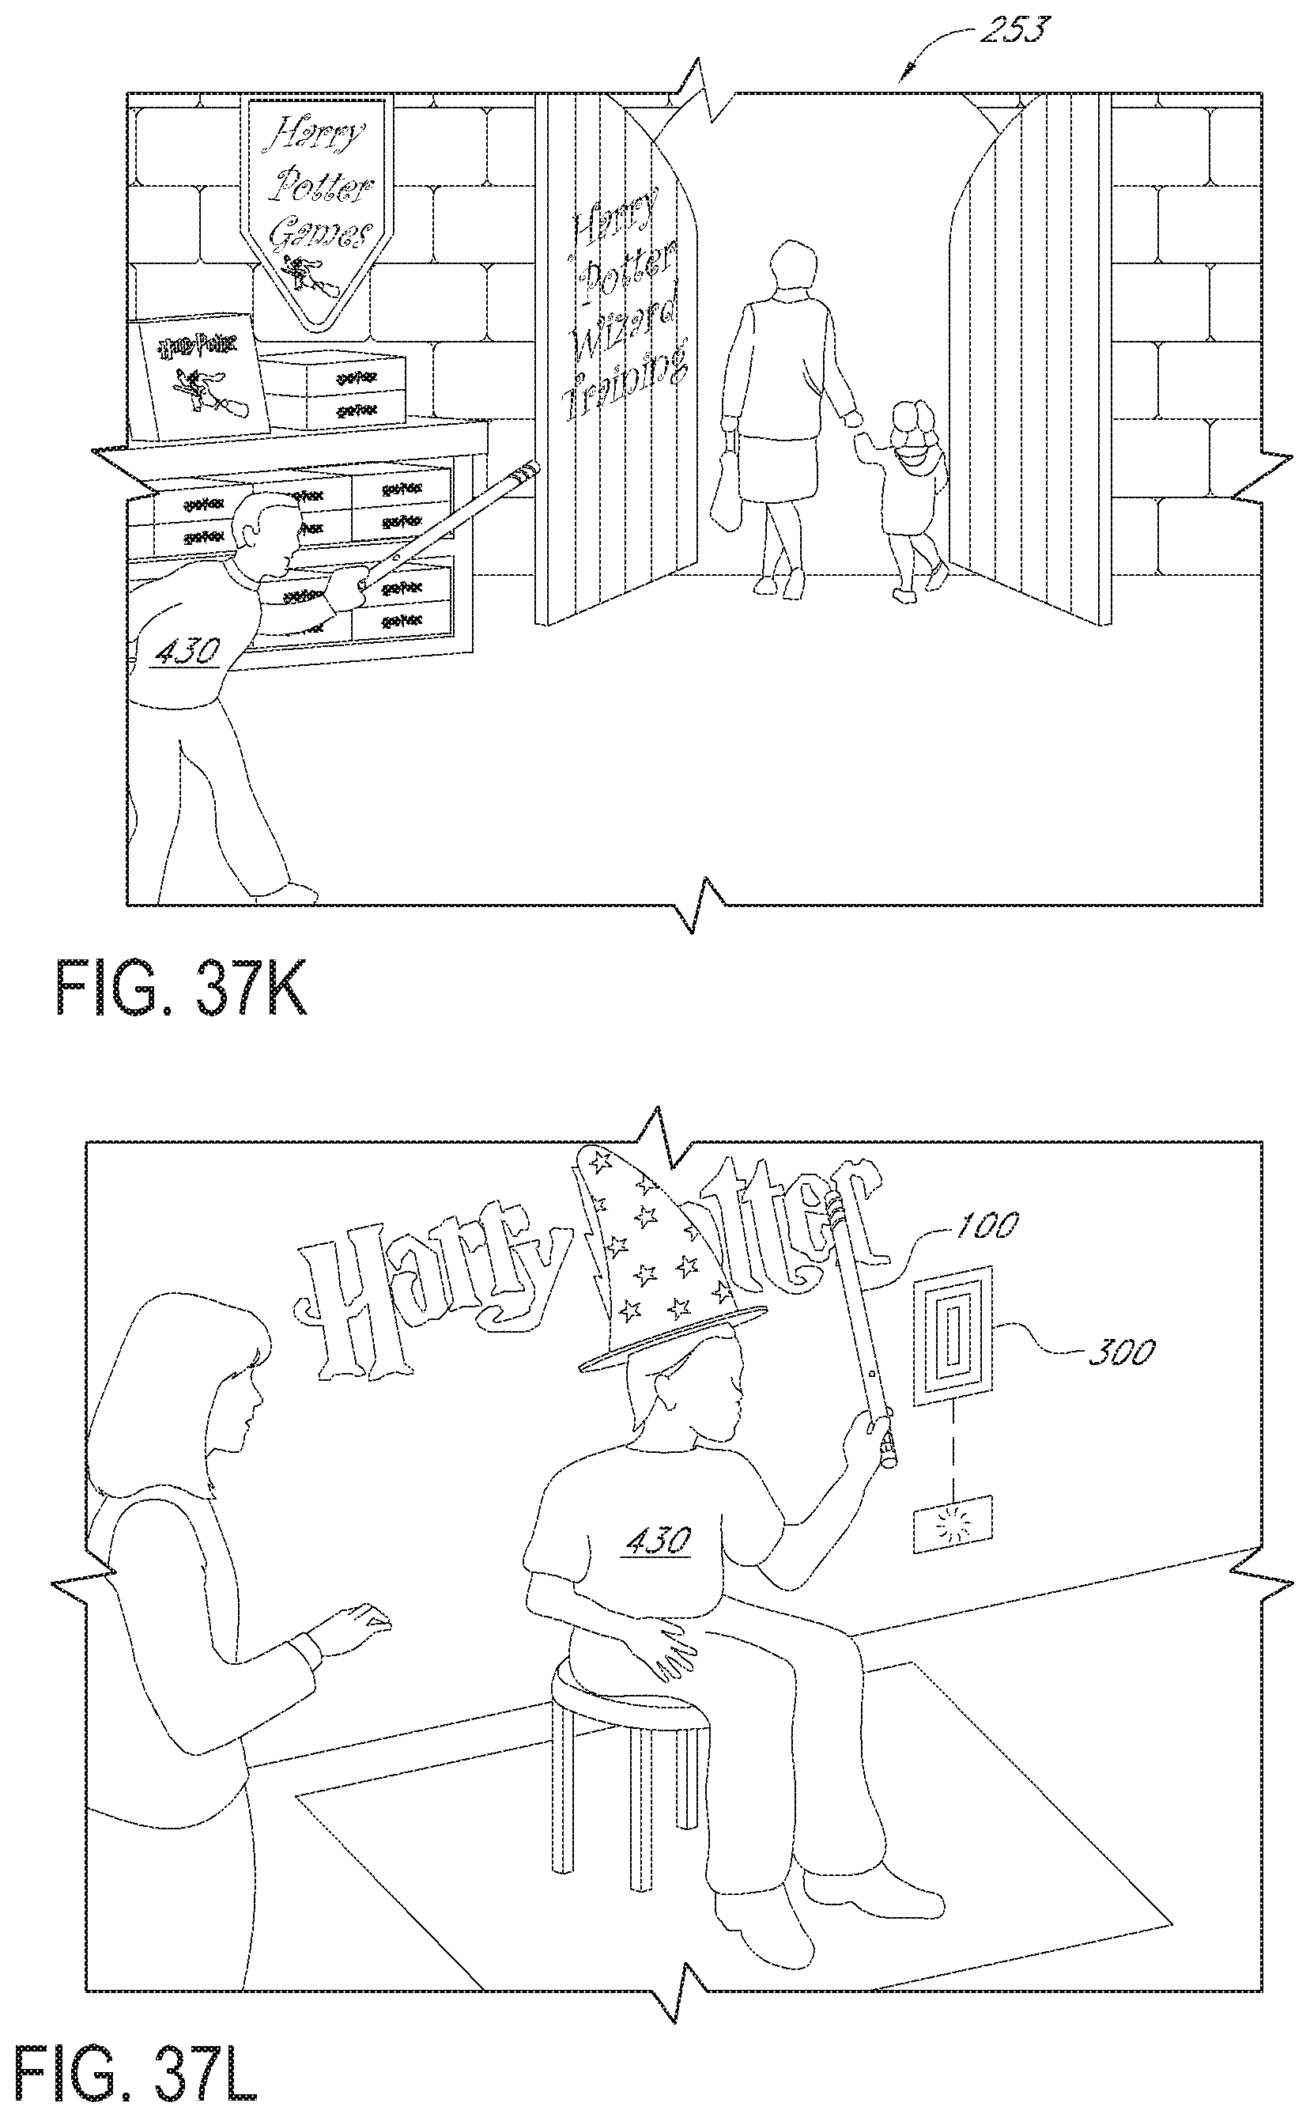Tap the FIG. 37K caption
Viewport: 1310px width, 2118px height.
click(182, 989)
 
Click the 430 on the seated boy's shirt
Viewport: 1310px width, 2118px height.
click(658, 1540)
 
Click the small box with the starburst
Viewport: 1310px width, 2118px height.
click(953, 1522)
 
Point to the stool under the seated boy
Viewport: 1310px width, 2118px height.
click(624, 1733)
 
